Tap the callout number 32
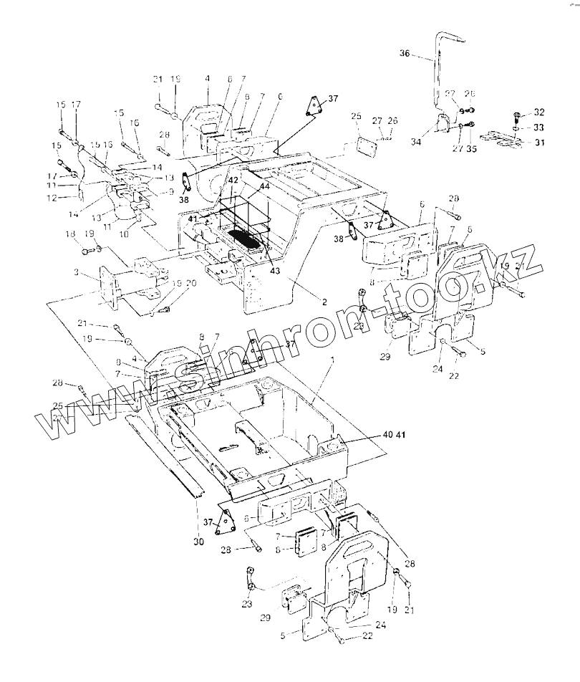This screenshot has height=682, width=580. point(538,112)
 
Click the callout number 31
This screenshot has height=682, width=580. point(538,141)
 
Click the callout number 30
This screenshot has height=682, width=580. point(198,542)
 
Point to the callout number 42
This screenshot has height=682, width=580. point(232,181)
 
